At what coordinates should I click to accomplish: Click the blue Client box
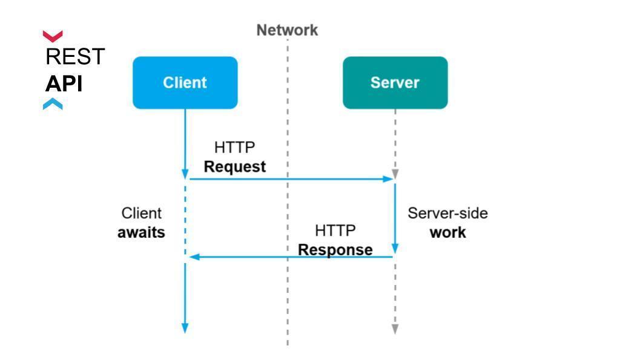[x=185, y=83]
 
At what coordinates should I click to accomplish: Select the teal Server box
[x=395, y=83]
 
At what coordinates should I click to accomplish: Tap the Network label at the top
[x=287, y=30]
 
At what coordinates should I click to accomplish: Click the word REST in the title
[x=75, y=56]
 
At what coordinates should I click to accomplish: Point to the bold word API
[x=64, y=84]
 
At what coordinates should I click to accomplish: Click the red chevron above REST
[x=53, y=36]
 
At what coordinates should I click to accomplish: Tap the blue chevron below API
[x=53, y=104]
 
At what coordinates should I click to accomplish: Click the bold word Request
[x=235, y=167]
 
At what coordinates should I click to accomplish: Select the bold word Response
[x=335, y=249]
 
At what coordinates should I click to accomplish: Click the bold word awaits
[x=141, y=232]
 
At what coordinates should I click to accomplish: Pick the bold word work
[x=447, y=232]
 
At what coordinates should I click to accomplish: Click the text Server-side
[x=447, y=213]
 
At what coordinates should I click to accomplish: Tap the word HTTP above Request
[x=235, y=147]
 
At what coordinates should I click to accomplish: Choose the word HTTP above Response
[x=335, y=231]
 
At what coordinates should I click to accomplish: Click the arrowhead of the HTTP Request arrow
[x=388, y=179]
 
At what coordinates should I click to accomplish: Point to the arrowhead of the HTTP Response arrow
[x=194, y=257]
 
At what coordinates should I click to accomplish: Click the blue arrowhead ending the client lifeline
[x=185, y=328]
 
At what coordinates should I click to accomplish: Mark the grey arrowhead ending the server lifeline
[x=395, y=329]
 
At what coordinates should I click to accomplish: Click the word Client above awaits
[x=141, y=213]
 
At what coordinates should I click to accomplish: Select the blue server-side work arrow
[x=395, y=218]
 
